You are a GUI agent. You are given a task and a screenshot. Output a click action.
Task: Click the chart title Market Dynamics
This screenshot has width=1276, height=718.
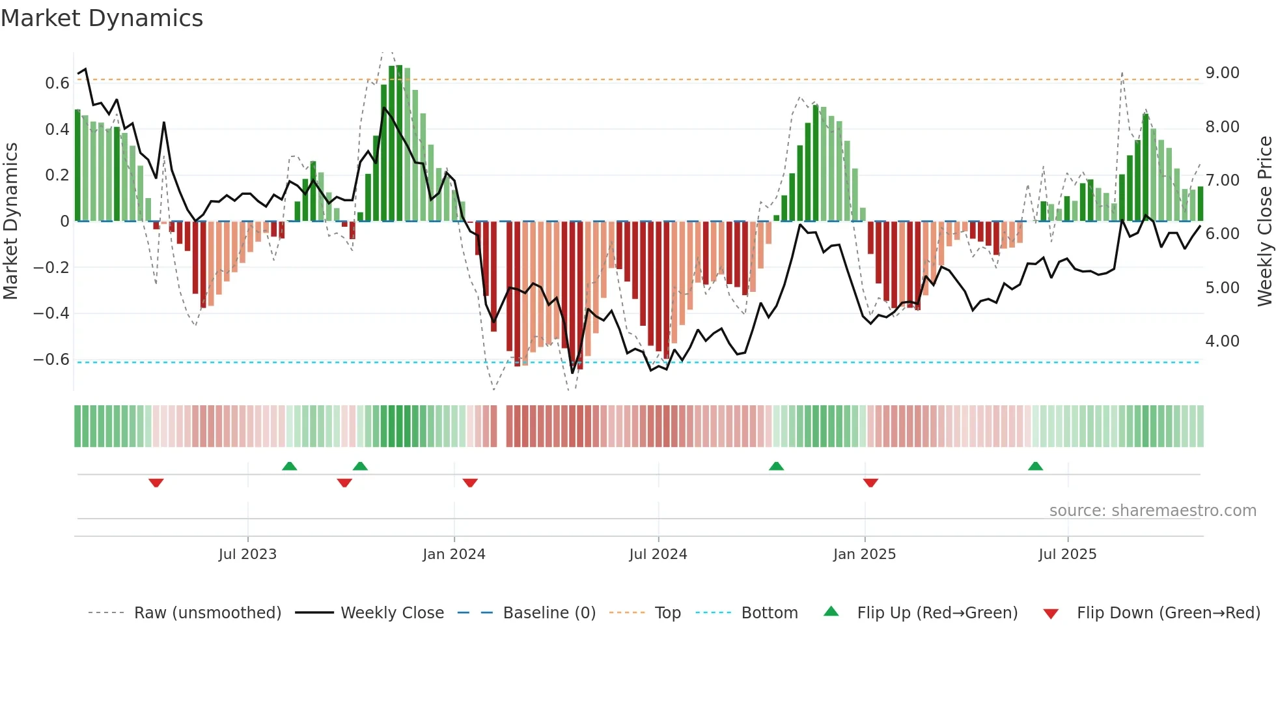tap(102, 18)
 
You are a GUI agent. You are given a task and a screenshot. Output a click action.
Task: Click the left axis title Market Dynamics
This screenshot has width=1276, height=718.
tap(10, 221)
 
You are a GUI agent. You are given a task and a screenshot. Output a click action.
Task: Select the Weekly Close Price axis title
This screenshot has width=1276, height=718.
tap(1264, 221)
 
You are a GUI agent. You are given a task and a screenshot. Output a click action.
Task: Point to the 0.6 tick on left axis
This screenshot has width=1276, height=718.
tap(57, 83)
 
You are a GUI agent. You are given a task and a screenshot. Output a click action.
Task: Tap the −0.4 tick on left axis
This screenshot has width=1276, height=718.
tap(51, 313)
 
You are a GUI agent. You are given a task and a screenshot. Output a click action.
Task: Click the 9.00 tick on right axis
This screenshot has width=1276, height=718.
tap(1222, 73)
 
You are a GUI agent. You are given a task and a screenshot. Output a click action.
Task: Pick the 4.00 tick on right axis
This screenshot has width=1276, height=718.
tap(1222, 341)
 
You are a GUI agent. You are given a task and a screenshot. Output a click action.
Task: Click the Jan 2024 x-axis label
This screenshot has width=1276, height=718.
tap(454, 554)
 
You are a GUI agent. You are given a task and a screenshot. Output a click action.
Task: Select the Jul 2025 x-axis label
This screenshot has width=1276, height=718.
tap(1067, 554)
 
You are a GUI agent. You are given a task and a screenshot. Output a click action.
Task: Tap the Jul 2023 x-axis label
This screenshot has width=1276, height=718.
tap(247, 554)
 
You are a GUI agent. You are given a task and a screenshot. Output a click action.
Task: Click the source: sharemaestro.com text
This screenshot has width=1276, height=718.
tap(1152, 511)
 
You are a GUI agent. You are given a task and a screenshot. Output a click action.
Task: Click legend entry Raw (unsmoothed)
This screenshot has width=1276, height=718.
tap(207, 613)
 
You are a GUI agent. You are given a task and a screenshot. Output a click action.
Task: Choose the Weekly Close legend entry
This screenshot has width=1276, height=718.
tap(392, 613)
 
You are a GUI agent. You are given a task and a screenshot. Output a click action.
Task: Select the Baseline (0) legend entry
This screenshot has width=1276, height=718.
tap(549, 613)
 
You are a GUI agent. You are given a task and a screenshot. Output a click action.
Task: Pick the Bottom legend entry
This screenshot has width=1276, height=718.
tap(769, 613)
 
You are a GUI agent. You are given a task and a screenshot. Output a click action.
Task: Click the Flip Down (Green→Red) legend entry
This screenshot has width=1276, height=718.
tap(1168, 613)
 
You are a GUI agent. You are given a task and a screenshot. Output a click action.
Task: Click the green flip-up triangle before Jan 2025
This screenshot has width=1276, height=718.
tap(776, 466)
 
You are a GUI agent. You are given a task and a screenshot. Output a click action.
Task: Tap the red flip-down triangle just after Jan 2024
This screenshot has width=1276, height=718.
tap(470, 483)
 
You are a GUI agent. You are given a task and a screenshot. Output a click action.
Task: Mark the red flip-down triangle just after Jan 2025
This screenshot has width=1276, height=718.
tap(870, 483)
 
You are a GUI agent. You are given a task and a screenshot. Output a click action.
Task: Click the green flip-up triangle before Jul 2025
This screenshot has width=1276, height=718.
tap(1035, 466)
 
